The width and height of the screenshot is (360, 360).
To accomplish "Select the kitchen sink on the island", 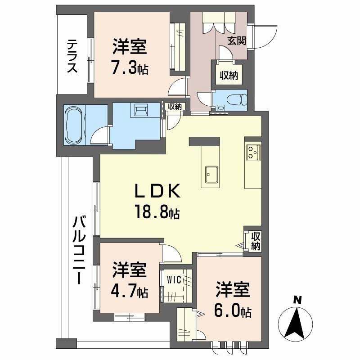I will (211, 173).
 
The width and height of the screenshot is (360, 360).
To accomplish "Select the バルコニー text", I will (79, 250).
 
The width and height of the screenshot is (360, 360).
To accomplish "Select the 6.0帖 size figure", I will (232, 310).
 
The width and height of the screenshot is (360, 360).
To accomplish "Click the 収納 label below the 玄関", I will (229, 75).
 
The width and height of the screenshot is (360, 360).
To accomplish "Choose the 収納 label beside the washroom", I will (175, 107).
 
